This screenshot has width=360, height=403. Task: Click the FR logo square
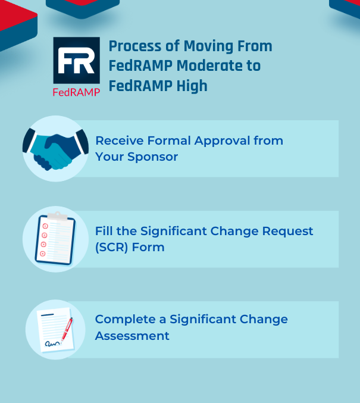coord(76,60)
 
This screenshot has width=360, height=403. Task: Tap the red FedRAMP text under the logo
coord(76,92)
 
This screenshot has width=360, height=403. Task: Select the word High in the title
coord(192,86)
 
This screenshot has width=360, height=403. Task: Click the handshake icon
coord(55,149)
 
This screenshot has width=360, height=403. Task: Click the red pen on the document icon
coord(66,327)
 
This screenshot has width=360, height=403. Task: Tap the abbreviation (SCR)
coord(112,246)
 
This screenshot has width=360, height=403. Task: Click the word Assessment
coord(132,336)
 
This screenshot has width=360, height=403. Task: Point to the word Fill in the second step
coord(104,231)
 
